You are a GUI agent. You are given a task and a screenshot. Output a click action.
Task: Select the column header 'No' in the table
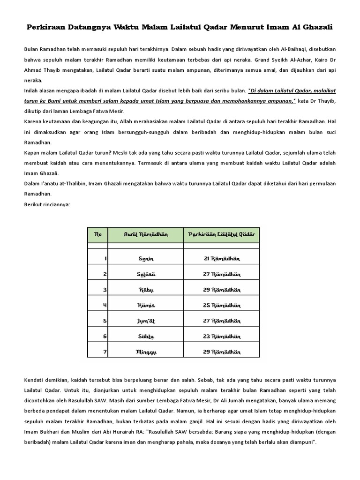[98, 234]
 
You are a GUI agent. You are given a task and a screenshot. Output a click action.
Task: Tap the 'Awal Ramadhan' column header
[146, 234]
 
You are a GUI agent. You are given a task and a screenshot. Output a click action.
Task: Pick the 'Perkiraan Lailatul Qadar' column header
[221, 234]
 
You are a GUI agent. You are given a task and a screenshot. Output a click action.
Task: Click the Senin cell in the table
[146, 258]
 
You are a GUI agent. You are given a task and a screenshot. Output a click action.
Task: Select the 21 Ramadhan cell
[221, 258]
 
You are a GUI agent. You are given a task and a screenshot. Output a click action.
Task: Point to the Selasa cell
[146, 274]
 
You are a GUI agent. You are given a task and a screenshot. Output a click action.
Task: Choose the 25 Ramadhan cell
[221, 305]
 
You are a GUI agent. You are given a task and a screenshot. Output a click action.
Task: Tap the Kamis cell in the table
[146, 305]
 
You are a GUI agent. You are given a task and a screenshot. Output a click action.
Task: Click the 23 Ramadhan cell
[221, 336]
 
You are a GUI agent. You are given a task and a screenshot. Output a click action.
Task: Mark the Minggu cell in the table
[146, 352]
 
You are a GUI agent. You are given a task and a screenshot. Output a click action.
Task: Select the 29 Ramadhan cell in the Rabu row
[221, 289]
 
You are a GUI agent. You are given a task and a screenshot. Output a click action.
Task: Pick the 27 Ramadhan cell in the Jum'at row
[221, 321]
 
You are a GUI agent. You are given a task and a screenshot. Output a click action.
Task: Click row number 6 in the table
[105, 336]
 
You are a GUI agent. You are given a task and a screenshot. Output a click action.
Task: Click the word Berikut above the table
[34, 204]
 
